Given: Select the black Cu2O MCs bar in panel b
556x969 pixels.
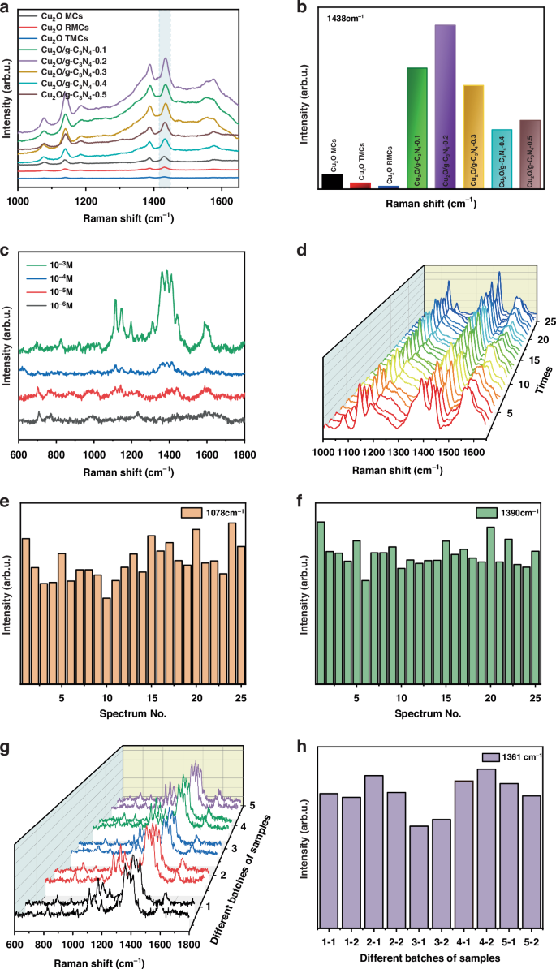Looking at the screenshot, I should (x=331, y=181).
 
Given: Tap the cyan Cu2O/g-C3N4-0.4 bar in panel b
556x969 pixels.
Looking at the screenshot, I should (x=502, y=159).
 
